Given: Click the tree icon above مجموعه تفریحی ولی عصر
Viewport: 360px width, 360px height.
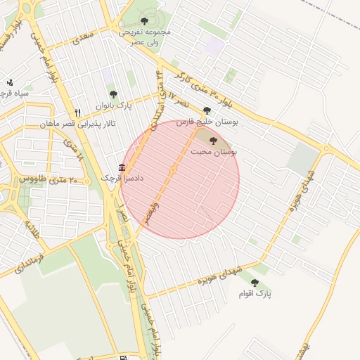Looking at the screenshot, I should tap(145, 21).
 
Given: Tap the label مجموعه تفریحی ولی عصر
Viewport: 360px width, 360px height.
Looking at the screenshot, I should tap(145, 37).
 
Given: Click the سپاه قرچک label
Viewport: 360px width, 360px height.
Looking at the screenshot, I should tap(14, 93).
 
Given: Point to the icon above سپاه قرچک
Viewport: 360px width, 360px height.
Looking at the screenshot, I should tap(9, 82).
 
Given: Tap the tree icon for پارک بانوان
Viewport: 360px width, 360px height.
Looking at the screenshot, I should tap(113, 94).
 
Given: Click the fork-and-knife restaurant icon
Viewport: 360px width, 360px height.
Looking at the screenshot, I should tap(78, 112).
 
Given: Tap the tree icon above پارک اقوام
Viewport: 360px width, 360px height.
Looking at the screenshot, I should tap(255, 282).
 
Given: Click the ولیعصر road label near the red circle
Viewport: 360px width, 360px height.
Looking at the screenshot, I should tap(151, 214).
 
